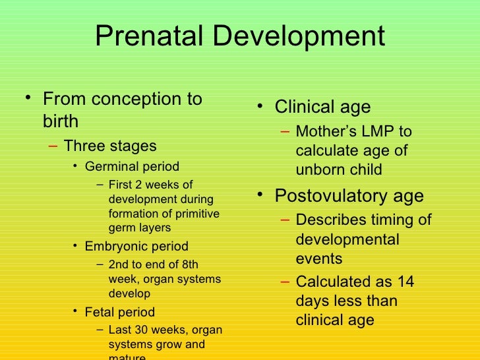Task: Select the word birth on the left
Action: pyautogui.click(x=61, y=121)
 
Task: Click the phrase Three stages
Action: pyautogui.click(x=110, y=146)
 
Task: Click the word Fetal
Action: pyautogui.click(x=100, y=312)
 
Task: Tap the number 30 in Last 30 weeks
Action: pyautogui.click(x=139, y=330)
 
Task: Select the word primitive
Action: pyautogui.click(x=196, y=214)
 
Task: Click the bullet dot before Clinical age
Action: pyautogui.click(x=261, y=105)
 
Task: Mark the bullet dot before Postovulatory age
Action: pyautogui.click(x=261, y=195)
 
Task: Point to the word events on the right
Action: pyautogui.click(x=318, y=259)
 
